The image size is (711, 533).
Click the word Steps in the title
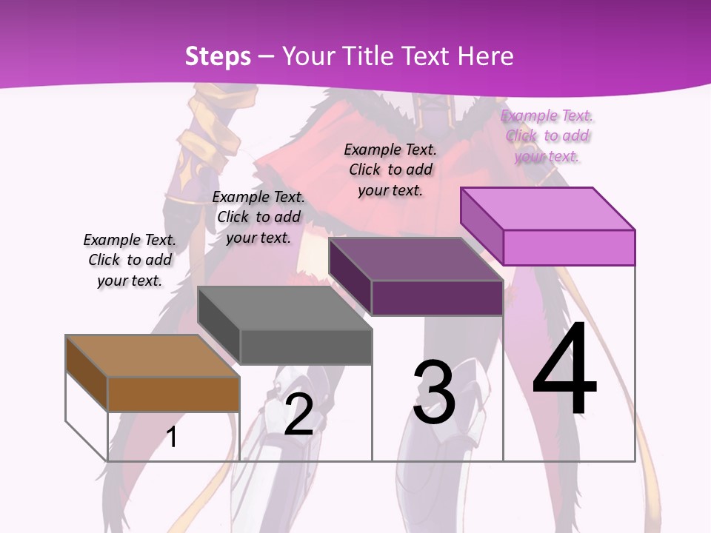coord(218,56)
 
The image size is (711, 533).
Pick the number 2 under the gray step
coord(298,415)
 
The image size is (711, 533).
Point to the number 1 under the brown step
coord(172,437)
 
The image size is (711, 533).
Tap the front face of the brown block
coord(173,394)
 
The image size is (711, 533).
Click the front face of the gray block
coord(306,347)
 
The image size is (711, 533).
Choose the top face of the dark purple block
coord(415,259)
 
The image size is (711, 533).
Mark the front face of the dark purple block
coord(437,298)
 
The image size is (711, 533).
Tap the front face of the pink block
coord(569,247)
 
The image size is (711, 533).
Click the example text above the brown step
coord(130,260)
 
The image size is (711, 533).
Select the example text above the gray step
coord(258,217)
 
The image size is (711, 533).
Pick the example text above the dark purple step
coord(390,170)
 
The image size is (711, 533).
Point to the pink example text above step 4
coord(547,135)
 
